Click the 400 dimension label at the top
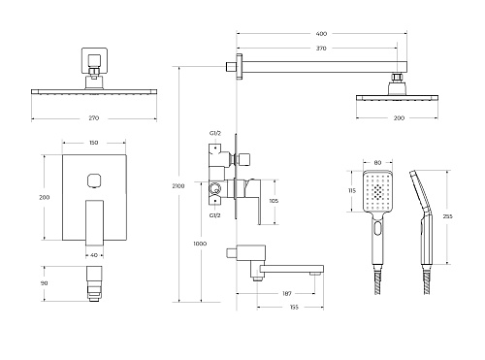click(x=321, y=34)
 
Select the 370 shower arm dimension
click(x=321, y=49)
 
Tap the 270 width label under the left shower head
click(x=94, y=118)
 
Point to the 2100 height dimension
click(x=178, y=186)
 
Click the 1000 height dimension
click(x=200, y=244)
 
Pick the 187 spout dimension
click(x=287, y=294)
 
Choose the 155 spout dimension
click(x=294, y=307)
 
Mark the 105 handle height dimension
click(x=274, y=201)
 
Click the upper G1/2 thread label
click(x=215, y=133)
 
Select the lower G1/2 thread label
click(x=214, y=215)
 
